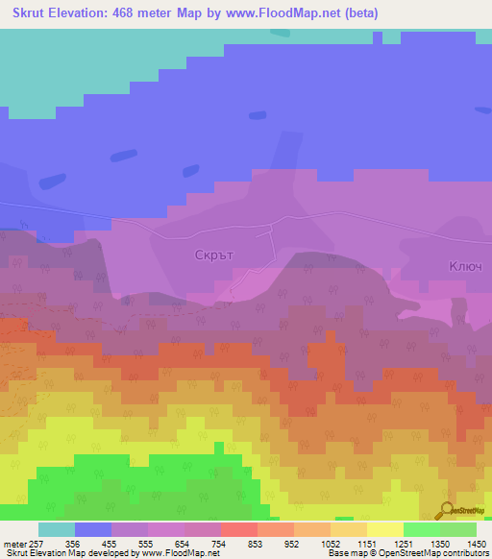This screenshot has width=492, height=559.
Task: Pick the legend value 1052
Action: [332, 543]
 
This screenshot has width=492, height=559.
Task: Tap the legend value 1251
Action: [404, 543]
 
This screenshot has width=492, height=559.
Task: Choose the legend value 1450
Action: [477, 543]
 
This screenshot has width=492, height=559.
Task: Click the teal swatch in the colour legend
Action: [57, 529]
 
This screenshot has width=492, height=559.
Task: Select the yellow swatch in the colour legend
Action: [384, 529]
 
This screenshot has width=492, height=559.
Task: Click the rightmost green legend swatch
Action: [458, 529]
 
